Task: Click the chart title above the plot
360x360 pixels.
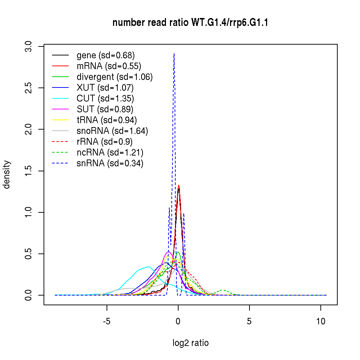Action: pyautogui.click(x=190, y=23)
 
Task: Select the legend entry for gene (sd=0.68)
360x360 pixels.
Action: pyautogui.click(x=105, y=55)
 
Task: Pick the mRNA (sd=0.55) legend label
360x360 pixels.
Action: pyautogui.click(x=109, y=66)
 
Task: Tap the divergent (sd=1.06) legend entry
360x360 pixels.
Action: pyautogui.click(x=114, y=77)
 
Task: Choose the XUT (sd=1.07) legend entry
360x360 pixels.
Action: pyautogui.click(x=105, y=88)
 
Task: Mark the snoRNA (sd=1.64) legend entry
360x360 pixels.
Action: pyautogui.click(x=112, y=131)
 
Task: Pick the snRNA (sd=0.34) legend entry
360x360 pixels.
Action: pyautogui.click(x=110, y=163)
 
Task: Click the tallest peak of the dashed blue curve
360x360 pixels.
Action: pyautogui.click(x=174, y=54)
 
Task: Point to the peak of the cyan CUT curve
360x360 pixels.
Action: pyautogui.click(x=148, y=267)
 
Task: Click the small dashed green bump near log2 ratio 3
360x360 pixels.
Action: pyautogui.click(x=224, y=290)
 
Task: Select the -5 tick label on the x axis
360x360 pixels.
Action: pyautogui.click(x=107, y=321)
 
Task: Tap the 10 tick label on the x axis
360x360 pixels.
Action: pyautogui.click(x=321, y=321)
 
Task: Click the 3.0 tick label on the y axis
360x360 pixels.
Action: pyautogui.click(x=30, y=46)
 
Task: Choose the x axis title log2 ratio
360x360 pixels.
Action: pyautogui.click(x=190, y=343)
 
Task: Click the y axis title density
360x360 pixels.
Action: pyautogui.click(x=7, y=174)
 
